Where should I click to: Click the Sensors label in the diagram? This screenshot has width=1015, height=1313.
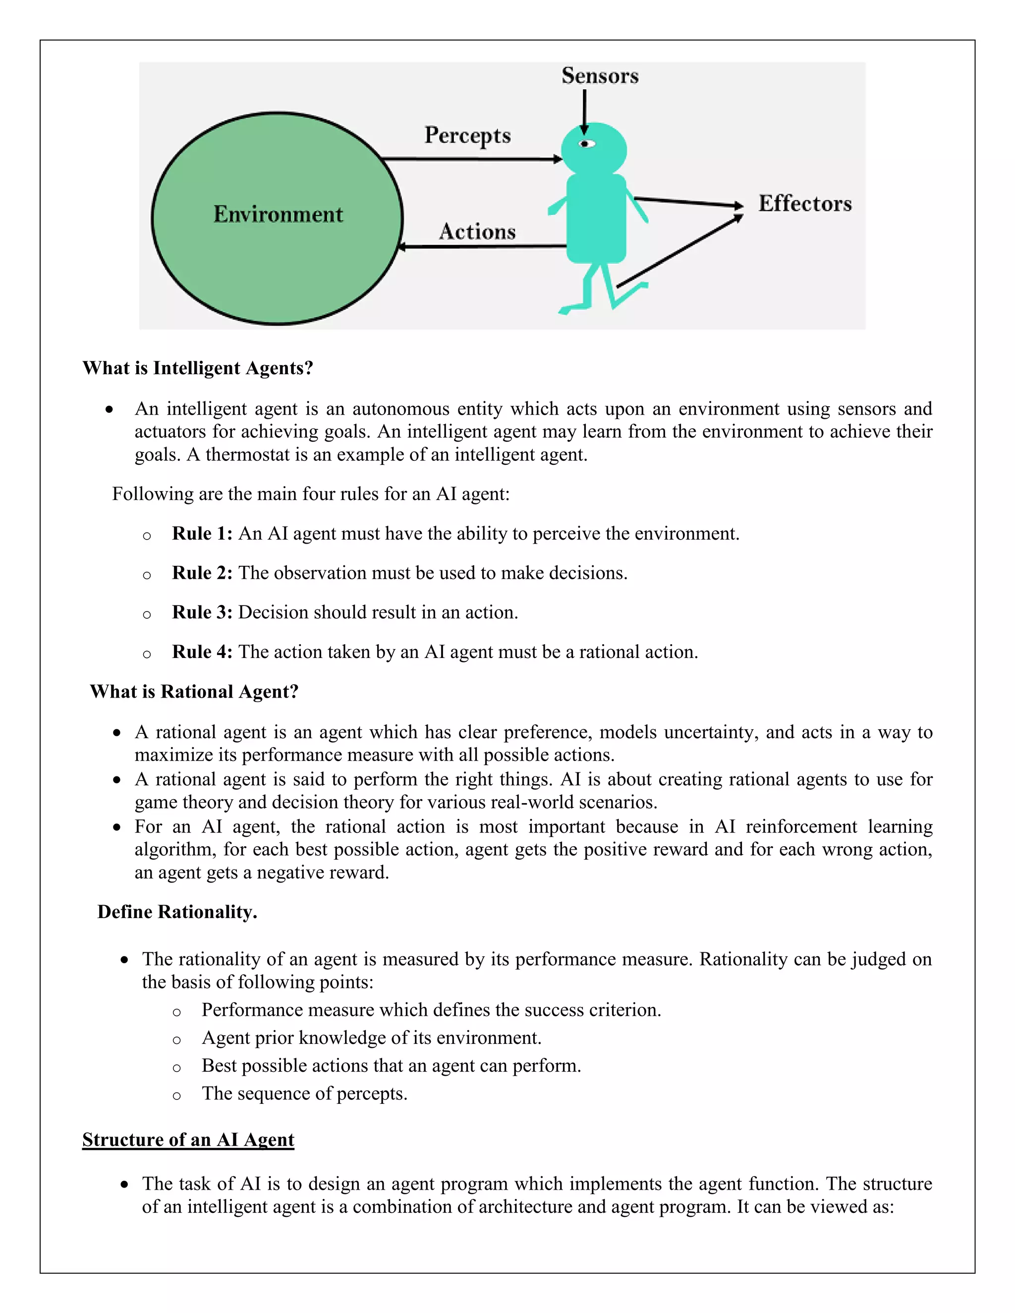[600, 76]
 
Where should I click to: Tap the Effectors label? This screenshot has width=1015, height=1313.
[804, 203]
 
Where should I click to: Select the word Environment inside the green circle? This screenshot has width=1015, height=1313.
[278, 215]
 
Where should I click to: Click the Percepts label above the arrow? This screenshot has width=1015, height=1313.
[467, 135]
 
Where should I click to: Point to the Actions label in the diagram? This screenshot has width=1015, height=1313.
[477, 231]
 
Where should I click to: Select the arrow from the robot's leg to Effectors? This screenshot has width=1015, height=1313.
[679, 251]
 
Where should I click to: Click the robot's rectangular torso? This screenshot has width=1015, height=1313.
[596, 218]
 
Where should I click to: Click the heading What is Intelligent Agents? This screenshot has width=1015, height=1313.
[198, 368]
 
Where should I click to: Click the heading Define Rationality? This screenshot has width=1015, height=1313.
[177, 912]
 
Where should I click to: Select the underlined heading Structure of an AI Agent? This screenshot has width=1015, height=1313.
[188, 1140]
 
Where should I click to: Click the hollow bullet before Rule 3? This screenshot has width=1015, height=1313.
[147, 614]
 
